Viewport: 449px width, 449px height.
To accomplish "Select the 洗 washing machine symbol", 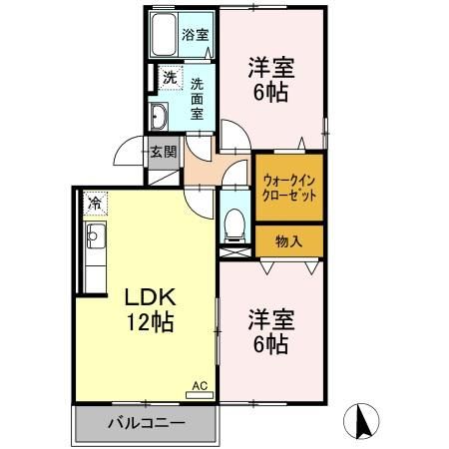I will click(x=170, y=77).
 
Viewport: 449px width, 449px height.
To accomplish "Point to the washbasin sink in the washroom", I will click(x=161, y=116).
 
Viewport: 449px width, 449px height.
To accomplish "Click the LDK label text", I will click(x=149, y=298).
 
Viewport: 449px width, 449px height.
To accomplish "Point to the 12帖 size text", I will click(x=150, y=322).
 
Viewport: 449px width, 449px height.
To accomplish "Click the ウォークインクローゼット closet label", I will click(x=289, y=188).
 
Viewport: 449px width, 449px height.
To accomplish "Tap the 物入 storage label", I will click(x=288, y=240).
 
